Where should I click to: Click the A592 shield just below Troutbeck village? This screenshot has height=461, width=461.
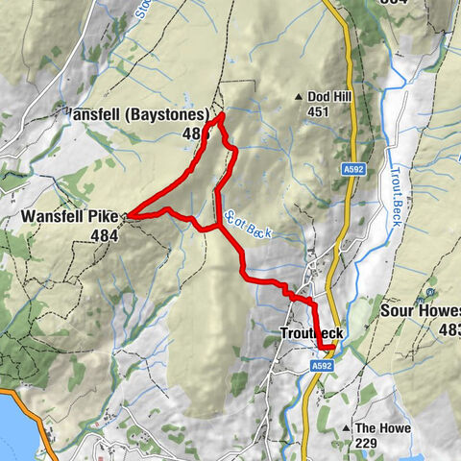point(322,365)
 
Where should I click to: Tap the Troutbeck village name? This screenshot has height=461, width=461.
point(311,333)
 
